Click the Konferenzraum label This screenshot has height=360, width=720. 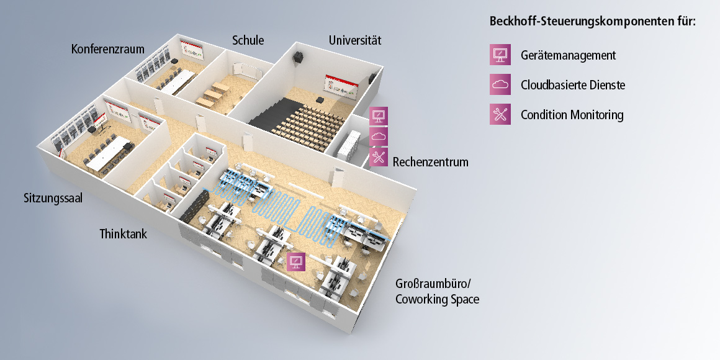click(108, 48)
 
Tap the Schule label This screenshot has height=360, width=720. click(248, 40)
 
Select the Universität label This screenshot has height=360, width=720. click(355, 40)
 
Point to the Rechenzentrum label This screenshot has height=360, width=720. click(431, 162)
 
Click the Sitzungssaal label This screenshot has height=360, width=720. click(53, 199)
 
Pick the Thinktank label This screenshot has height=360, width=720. click(124, 234)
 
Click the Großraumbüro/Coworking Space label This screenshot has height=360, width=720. click(438, 291)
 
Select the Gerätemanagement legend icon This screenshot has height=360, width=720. click(500, 55)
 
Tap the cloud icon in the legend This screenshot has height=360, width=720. click(500, 84)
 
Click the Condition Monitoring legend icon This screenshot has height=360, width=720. click(500, 114)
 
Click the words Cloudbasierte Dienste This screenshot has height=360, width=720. click(573, 84)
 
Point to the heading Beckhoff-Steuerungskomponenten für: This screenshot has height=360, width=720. click(593, 21)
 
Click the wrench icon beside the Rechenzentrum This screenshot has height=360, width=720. click(379, 156)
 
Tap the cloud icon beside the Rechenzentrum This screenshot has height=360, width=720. click(379, 137)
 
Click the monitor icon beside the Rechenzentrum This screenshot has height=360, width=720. click(379, 116)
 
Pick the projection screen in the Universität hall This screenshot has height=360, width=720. click(341, 87)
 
